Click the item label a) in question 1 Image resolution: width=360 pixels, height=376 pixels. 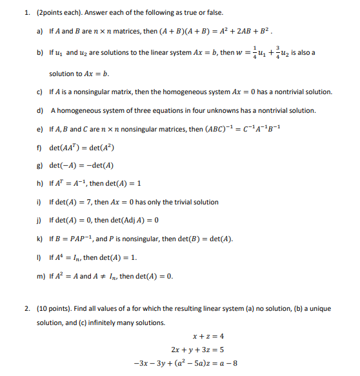(39, 30)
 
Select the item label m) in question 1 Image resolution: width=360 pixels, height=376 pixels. (41, 277)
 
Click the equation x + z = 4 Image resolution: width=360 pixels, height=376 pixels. (208, 336)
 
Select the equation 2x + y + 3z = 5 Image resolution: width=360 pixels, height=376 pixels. (198, 350)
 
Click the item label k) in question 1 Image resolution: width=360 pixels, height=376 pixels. (40, 239)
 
